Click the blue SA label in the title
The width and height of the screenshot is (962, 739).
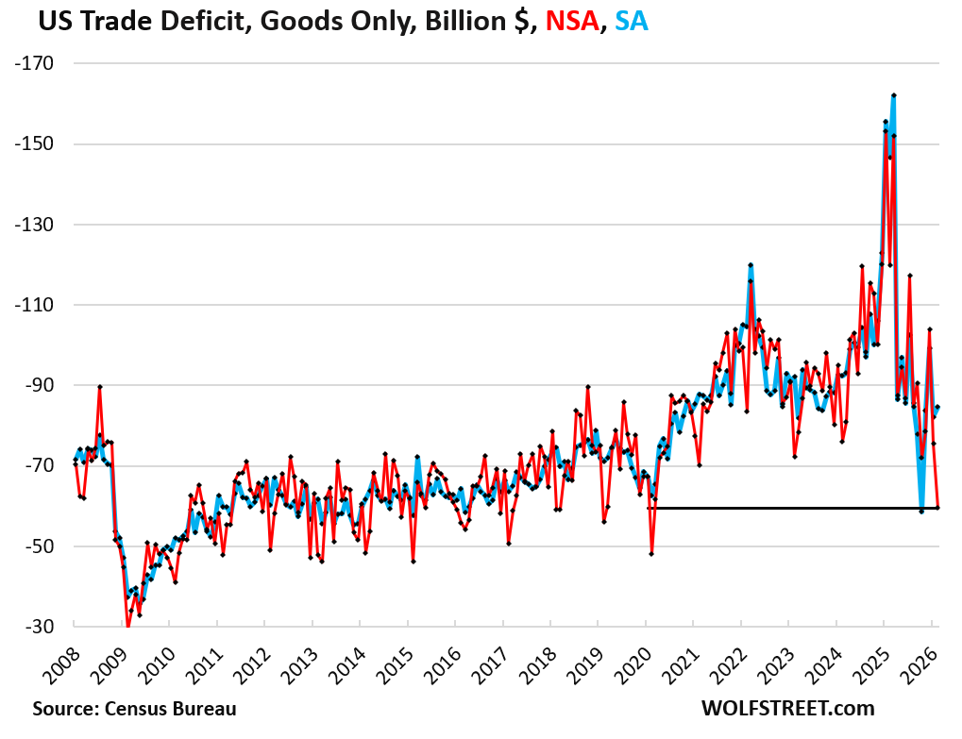[x=631, y=21]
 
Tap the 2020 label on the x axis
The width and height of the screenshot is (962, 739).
[x=629, y=661]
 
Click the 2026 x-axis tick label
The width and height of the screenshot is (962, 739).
[x=915, y=661]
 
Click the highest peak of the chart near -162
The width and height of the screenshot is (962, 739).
[x=893, y=95]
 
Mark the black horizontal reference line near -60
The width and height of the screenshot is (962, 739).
[x=793, y=509]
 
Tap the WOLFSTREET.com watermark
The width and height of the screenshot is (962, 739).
[x=787, y=708]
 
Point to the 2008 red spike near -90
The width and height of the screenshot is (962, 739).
[x=99, y=387]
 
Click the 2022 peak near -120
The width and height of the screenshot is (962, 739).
[x=750, y=265]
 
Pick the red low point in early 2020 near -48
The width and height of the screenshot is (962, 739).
[x=651, y=553]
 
